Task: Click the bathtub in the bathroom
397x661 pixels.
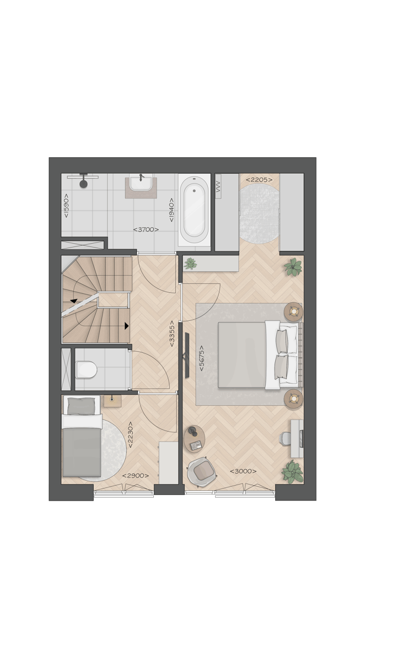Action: [194, 209]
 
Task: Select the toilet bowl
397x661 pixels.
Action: [86, 369]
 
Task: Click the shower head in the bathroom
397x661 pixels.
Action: [83, 183]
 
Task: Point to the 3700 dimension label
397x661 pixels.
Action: [146, 229]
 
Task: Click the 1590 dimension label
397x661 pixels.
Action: [66, 205]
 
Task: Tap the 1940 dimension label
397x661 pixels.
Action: [172, 209]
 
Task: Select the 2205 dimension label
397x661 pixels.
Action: [259, 179]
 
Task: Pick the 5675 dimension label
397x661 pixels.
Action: [202, 358]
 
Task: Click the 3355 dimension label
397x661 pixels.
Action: [173, 334]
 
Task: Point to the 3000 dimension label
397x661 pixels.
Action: [243, 471]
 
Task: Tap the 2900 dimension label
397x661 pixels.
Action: [135, 476]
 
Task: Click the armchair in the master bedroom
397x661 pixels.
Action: [201, 471]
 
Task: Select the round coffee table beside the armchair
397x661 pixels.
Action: [194, 438]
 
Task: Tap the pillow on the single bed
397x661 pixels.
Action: [81, 407]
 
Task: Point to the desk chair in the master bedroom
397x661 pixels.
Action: [285, 438]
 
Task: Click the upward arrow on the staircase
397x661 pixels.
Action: [73, 300]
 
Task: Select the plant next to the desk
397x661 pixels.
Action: [292, 472]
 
